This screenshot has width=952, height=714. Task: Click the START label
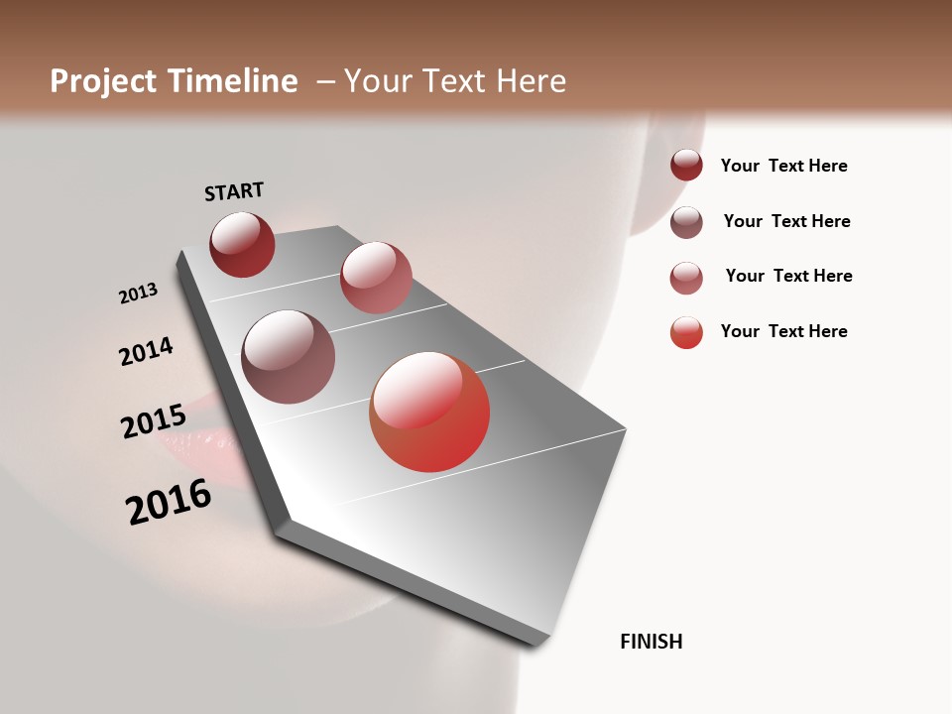(234, 191)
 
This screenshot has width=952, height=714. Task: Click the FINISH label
(651, 642)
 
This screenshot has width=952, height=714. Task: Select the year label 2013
(138, 294)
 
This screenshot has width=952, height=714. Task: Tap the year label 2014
(146, 352)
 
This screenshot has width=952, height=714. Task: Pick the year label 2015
(153, 422)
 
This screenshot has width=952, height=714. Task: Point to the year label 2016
(169, 502)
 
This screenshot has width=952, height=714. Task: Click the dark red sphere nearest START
(242, 245)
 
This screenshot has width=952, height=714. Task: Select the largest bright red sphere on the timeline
(429, 412)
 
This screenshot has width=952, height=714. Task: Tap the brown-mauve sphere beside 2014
(288, 357)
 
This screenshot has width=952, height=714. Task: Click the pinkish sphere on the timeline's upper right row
(376, 278)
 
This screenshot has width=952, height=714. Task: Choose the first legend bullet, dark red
(686, 165)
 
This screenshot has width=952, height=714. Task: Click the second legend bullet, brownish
(686, 222)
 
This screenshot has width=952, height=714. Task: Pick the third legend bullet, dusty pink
(686, 278)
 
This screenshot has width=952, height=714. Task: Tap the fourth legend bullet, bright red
(686, 332)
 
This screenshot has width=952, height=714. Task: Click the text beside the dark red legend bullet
(783, 166)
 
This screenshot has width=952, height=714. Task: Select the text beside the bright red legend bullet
(783, 331)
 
